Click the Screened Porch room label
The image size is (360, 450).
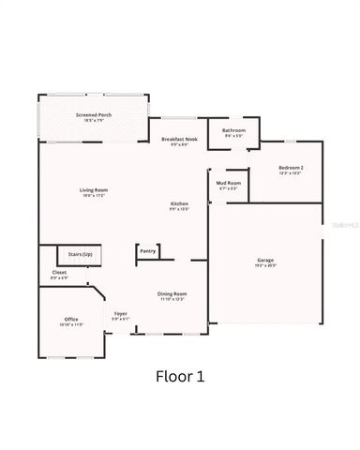click(x=93, y=114)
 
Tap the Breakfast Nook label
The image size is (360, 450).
click(x=179, y=139)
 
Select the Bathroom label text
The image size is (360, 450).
click(x=233, y=130)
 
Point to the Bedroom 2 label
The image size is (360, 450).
click(x=291, y=168)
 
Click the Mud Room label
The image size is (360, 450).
click(x=229, y=183)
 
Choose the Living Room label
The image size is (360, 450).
click(x=94, y=190)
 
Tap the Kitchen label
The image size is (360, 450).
click(x=179, y=203)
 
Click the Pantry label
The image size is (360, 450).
click(x=147, y=251)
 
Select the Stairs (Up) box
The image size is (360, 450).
click(x=81, y=255)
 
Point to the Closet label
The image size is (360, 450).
click(x=59, y=273)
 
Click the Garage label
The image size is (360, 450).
click(x=265, y=260)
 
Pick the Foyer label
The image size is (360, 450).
click(x=121, y=313)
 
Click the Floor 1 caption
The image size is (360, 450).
click(x=179, y=376)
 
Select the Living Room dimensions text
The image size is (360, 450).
click(x=94, y=196)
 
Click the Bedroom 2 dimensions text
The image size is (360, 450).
click(x=291, y=173)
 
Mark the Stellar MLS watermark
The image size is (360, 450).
click(x=338, y=225)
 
